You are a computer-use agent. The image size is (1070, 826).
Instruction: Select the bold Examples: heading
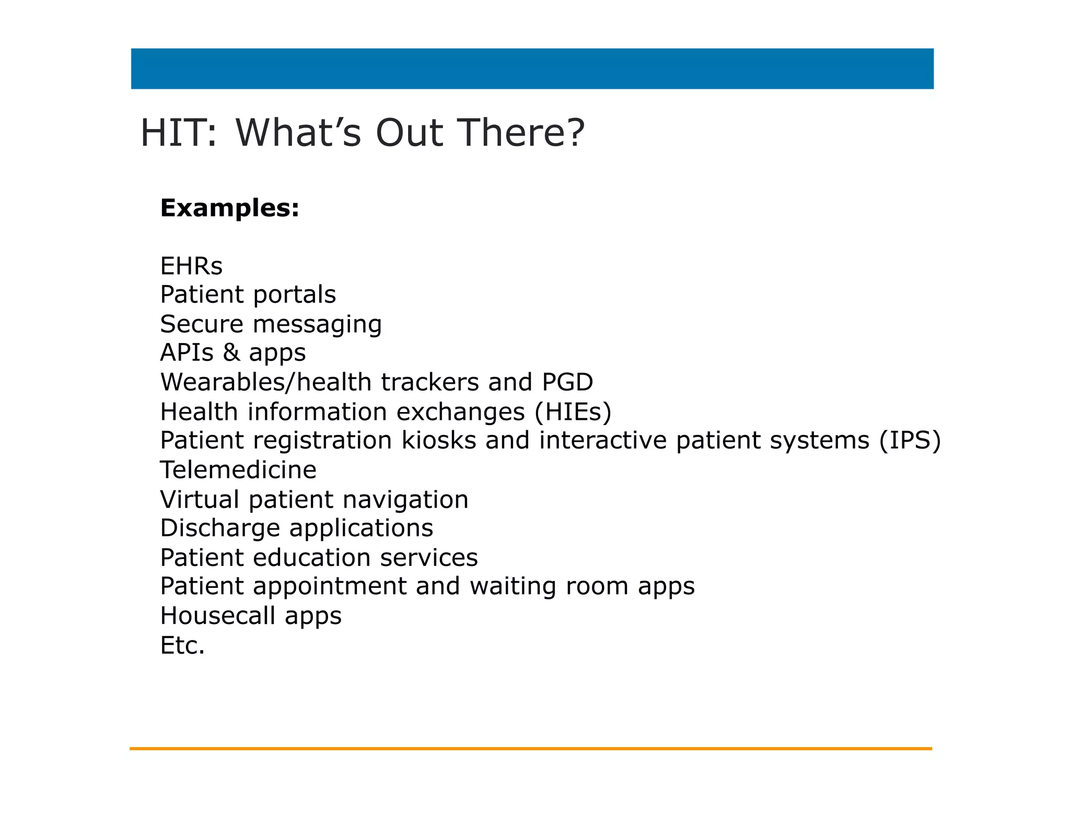(230, 208)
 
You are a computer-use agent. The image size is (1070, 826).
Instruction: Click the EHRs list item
(191, 266)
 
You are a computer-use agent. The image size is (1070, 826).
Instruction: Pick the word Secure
(202, 324)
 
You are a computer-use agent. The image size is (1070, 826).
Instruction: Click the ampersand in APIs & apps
(231, 352)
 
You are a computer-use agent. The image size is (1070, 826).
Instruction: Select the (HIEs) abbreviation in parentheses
(573, 412)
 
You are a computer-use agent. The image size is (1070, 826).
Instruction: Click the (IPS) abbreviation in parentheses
(910, 441)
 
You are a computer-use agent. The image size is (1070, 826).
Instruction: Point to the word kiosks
(439, 441)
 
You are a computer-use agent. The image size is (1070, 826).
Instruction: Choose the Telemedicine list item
(238, 470)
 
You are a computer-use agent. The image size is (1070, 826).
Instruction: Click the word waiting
(513, 587)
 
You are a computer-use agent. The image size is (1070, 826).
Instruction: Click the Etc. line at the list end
(182, 646)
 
